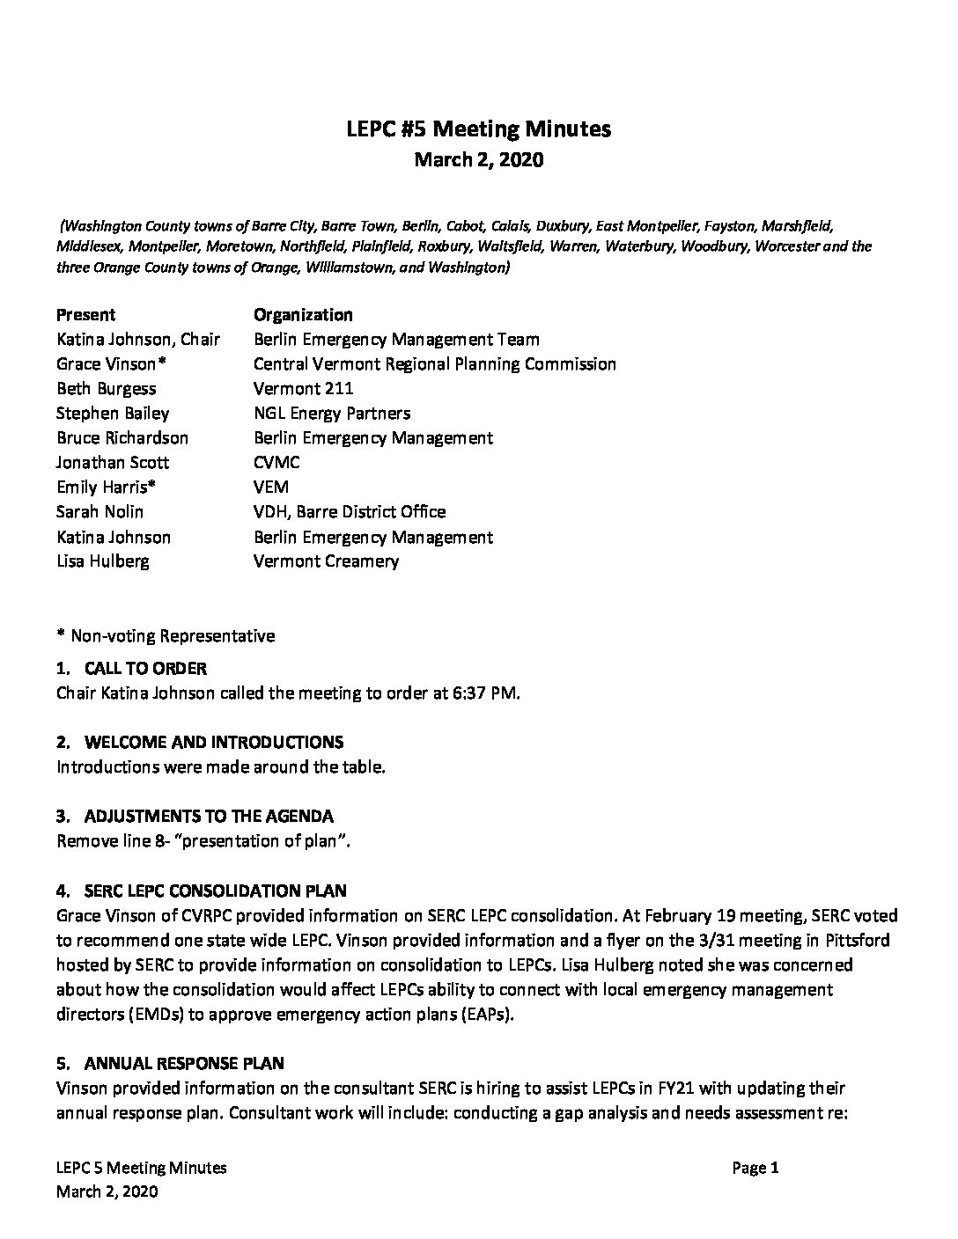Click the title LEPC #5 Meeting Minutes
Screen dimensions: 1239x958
tap(478, 129)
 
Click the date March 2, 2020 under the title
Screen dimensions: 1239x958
tap(478, 160)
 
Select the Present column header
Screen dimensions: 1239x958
tap(85, 315)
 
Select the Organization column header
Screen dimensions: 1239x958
tap(303, 315)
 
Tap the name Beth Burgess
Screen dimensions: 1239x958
tap(106, 389)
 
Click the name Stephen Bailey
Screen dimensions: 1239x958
tap(113, 414)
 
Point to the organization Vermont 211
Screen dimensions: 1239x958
tap(303, 389)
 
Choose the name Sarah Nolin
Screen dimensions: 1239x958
tap(99, 512)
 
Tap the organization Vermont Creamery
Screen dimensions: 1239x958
tap(326, 561)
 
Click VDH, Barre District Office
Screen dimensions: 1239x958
tap(350, 512)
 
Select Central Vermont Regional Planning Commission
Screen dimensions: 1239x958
tap(434, 364)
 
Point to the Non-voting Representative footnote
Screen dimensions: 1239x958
tap(166, 635)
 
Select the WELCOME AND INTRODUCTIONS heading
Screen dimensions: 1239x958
tap(214, 743)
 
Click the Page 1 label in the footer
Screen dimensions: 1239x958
tap(755, 1169)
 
